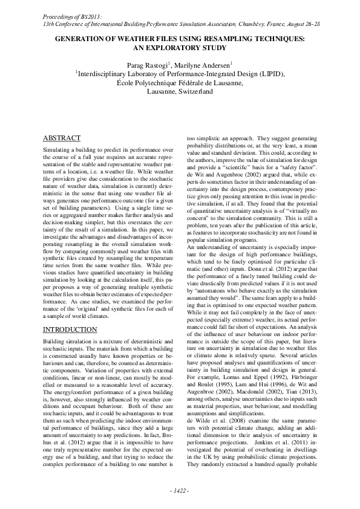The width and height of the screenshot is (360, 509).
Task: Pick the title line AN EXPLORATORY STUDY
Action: coord(180,47)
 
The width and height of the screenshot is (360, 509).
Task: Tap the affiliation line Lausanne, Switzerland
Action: coord(180,92)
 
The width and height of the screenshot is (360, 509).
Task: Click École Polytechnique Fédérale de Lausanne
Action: coord(180,83)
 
